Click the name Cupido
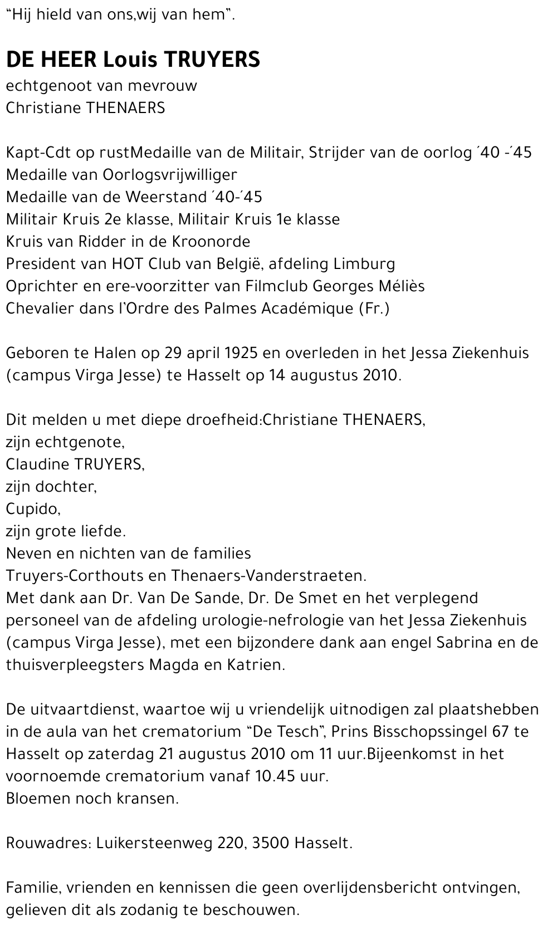click(x=32, y=509)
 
